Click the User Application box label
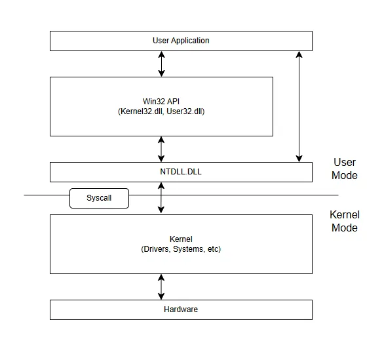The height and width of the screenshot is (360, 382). point(181,41)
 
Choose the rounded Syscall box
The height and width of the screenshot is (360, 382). point(99,198)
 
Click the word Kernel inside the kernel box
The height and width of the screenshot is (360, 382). point(181,239)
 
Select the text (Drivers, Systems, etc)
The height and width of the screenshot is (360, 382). point(181,249)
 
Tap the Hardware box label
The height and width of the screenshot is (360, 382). point(181,309)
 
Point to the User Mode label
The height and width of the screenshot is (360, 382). point(345,169)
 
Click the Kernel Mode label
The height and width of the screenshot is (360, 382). point(344,222)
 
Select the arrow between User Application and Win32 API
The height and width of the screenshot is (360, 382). point(162,64)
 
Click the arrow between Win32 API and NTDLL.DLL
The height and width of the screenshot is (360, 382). point(162,150)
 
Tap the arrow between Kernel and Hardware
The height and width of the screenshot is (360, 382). point(162,287)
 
